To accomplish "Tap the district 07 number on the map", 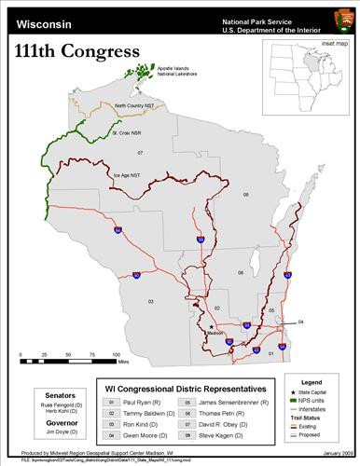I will (x=141, y=152).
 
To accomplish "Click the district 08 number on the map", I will (x=246, y=194).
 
